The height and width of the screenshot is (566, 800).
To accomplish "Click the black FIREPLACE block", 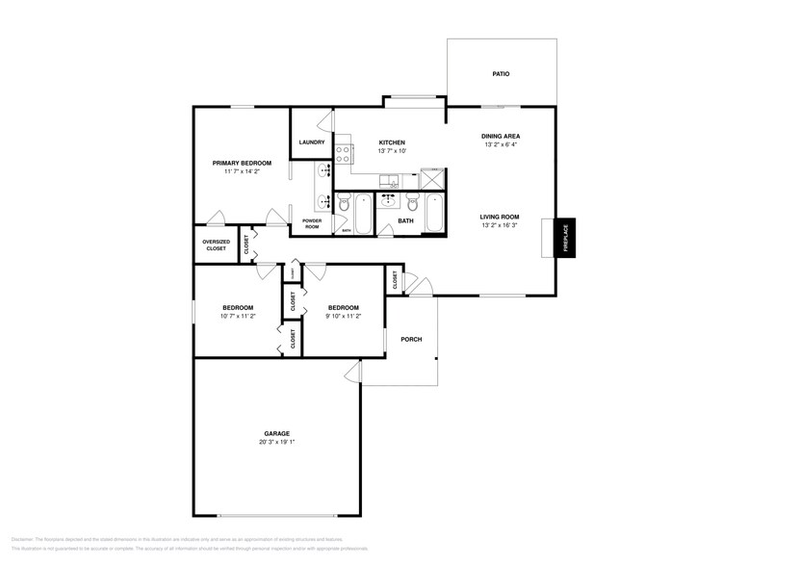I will click(x=565, y=237).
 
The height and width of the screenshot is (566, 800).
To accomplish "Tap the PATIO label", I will click(x=500, y=73).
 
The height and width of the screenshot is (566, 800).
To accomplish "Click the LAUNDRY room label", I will click(x=311, y=142).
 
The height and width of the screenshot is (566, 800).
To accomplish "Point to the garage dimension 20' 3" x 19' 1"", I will click(x=276, y=443).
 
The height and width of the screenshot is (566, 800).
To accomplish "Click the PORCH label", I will click(x=411, y=339).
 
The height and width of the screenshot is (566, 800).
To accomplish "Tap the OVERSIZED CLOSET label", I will click(x=216, y=244).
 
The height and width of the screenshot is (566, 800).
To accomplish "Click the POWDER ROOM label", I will click(x=311, y=223).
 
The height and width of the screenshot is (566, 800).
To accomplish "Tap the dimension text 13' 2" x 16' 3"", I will click(x=500, y=227).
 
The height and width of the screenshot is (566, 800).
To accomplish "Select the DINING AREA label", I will click(x=500, y=136).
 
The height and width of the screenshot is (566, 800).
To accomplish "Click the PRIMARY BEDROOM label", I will click(x=242, y=163).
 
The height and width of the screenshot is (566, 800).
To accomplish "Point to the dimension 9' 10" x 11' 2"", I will click(x=344, y=316).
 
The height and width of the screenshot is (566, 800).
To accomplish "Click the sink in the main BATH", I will click(x=389, y=201).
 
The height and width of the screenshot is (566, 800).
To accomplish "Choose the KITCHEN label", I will click(x=392, y=142).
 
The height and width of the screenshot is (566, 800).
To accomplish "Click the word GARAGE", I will click(x=276, y=433).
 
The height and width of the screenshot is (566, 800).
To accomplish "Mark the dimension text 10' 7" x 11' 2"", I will click(x=238, y=316).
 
